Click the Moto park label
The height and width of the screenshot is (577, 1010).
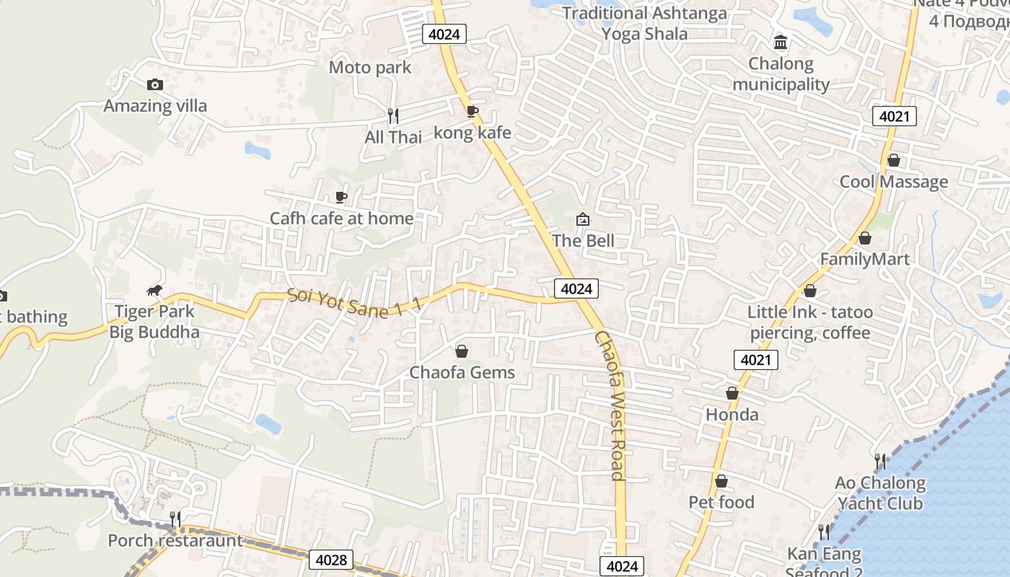tap(369, 68)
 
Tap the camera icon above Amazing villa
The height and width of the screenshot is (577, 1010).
tap(154, 85)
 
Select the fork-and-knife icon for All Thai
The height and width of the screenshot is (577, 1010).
tap(393, 115)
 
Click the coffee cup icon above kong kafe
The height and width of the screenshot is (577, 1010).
tap(472, 111)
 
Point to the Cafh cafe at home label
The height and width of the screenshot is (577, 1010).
tap(342, 219)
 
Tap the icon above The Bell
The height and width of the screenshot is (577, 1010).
tap(582, 219)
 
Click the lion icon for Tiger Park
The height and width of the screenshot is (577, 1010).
tap(154, 291)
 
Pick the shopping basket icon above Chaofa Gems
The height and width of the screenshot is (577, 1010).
tap(462, 351)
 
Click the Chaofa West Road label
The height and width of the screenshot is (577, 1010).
tap(610, 405)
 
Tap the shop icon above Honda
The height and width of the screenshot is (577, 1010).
tap(732, 393)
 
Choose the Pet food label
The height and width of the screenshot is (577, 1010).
tap(721, 502)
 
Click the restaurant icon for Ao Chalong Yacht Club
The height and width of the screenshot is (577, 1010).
tap(879, 461)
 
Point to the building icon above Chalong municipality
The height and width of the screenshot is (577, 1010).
tap(781, 43)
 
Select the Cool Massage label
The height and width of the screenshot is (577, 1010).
tap(893, 182)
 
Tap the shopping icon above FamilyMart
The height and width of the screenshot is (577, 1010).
tap(865, 238)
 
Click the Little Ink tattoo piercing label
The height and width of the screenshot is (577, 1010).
tap(810, 322)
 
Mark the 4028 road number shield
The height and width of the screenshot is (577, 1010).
tap(332, 560)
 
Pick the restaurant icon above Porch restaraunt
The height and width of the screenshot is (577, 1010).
tap(175, 519)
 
